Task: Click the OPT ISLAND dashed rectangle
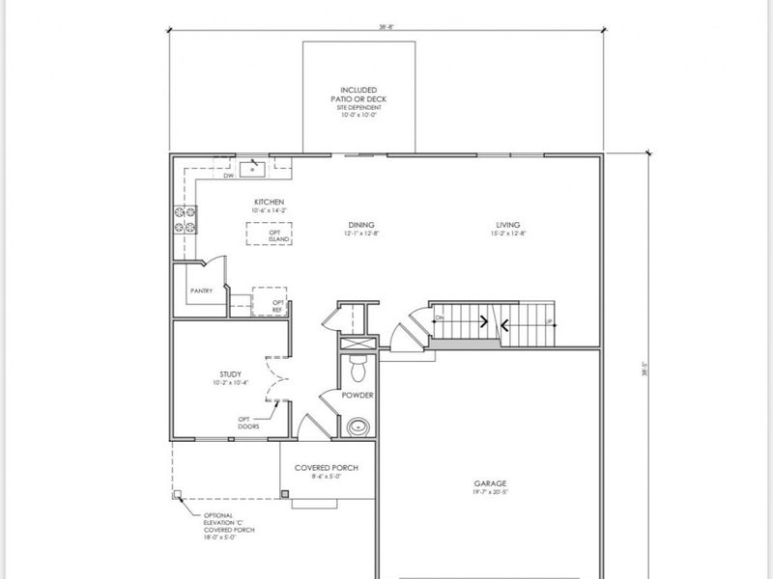tap(269, 234)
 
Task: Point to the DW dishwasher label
tap(229, 177)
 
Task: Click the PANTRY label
tap(201, 289)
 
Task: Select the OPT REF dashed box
tap(271, 300)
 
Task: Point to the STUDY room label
tap(230, 373)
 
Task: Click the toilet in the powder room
tap(357, 367)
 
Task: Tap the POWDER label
tap(357, 395)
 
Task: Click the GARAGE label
tap(490, 483)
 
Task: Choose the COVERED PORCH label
tap(327, 468)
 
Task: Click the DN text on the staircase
tap(440, 318)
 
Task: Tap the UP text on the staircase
tap(550, 321)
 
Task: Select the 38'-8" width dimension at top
tap(386, 28)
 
